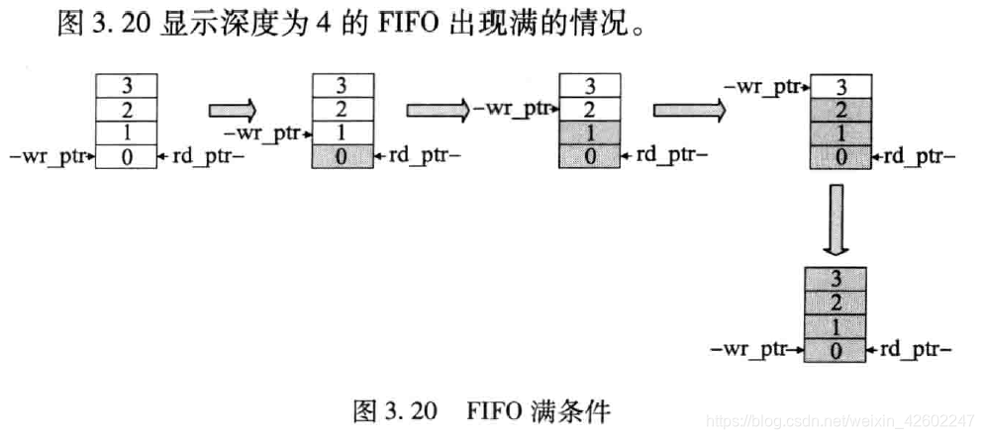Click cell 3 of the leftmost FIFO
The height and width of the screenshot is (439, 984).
pyautogui.click(x=126, y=86)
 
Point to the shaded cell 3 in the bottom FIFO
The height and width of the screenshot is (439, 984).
pyautogui.click(x=837, y=278)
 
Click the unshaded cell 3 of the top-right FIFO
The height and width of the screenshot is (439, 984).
pyautogui.click(x=840, y=86)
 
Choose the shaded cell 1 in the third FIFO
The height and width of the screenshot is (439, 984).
pyautogui.click(x=591, y=132)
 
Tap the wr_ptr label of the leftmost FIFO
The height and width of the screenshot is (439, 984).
pyautogui.click(x=50, y=155)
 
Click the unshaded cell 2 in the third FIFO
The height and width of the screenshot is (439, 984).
pyautogui.click(x=591, y=109)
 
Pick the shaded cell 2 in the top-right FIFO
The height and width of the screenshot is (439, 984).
pyautogui.click(x=840, y=109)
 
